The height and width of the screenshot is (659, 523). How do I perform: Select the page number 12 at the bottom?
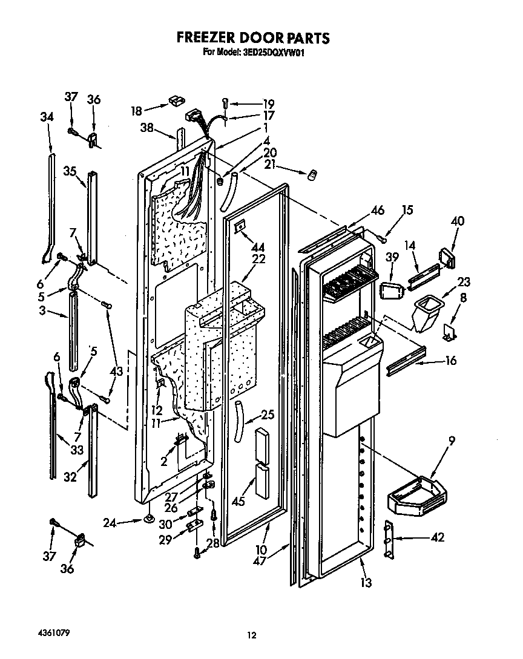[x=252, y=635]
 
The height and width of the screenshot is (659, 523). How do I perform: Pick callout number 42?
[x=436, y=537]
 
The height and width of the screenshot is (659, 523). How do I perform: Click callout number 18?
[x=137, y=111]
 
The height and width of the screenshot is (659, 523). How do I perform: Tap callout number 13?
[x=366, y=583]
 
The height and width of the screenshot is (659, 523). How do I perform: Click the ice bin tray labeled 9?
[x=418, y=493]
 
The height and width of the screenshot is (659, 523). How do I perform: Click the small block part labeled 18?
[x=176, y=99]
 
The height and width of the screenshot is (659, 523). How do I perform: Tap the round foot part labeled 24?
[x=148, y=519]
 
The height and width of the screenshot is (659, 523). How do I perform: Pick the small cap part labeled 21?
[x=312, y=174]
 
